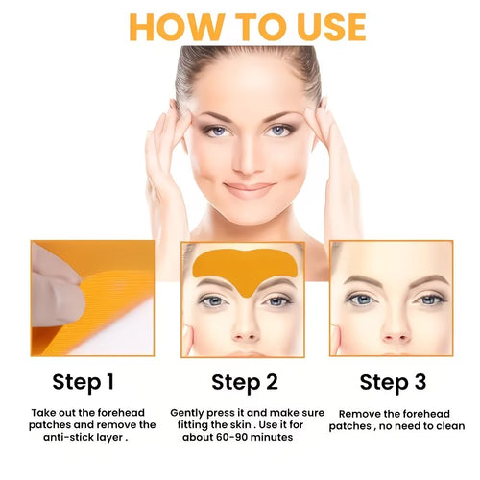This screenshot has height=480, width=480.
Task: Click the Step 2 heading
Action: pyautogui.click(x=243, y=383)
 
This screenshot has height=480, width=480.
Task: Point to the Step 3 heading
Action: pyautogui.click(x=393, y=383)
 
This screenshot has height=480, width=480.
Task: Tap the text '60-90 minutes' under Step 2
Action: pyautogui.click(x=259, y=438)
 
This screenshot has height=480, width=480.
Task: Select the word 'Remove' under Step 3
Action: pyautogui.click(x=355, y=412)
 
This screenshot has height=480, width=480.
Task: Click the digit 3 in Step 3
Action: pyautogui.click(x=420, y=383)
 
